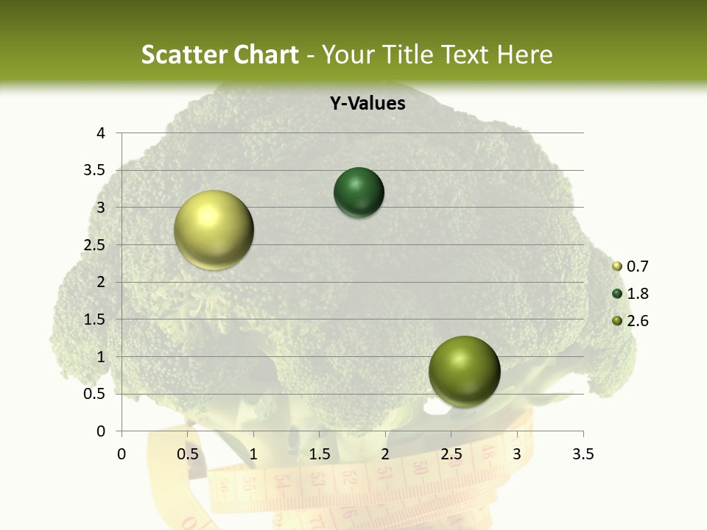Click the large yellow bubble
pos(214,230)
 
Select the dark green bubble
pos(359,193)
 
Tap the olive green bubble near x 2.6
pos(464,371)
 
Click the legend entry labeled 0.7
pos(636,266)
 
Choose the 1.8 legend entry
pos(636,294)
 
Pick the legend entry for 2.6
pos(636,321)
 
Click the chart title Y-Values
pos(367,104)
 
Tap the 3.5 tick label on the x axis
pos(583,454)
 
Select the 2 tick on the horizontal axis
pos(385,454)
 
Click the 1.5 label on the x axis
pos(319,454)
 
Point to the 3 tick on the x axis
pos(517,454)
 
